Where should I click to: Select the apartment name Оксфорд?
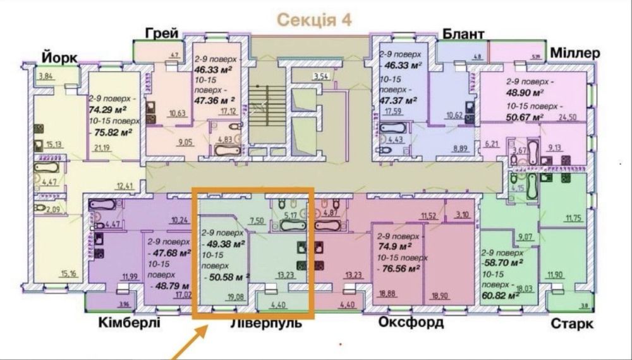(411, 323)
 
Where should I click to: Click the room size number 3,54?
(322, 77)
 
